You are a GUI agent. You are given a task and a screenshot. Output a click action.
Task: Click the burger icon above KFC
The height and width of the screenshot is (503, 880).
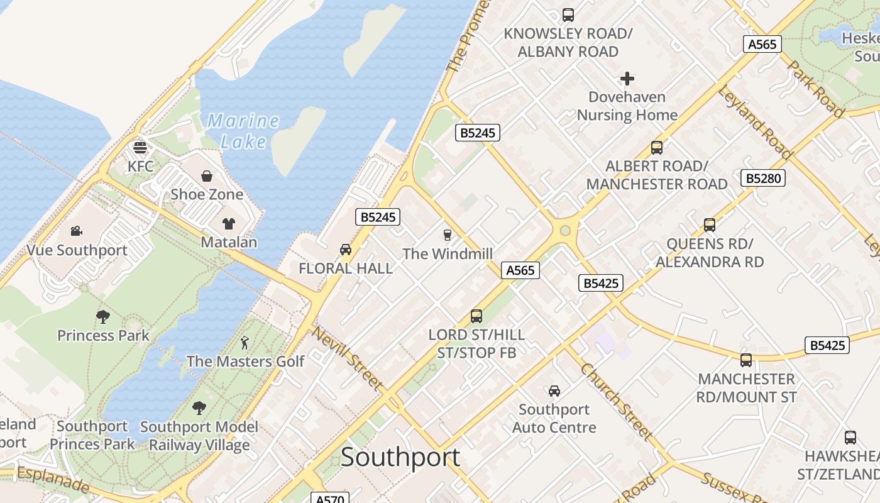tap(140, 148)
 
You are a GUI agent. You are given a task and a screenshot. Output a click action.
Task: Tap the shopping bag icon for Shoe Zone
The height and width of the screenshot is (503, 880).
tap(207, 176)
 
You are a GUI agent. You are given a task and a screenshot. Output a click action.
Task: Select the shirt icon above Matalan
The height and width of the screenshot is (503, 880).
tap(228, 223)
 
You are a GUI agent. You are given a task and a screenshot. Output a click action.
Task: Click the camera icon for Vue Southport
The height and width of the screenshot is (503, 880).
tap(76, 231)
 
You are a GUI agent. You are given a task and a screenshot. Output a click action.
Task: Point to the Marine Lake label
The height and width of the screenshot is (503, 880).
tap(243, 131)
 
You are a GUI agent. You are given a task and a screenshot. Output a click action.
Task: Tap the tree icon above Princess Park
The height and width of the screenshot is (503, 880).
tap(103, 316)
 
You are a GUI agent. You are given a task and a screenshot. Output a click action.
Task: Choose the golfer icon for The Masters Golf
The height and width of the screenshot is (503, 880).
tap(245, 343)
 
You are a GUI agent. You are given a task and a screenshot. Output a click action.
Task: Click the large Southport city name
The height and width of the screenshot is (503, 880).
tap(400, 457)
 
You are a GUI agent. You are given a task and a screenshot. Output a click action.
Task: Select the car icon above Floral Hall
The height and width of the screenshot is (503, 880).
tap(345, 250)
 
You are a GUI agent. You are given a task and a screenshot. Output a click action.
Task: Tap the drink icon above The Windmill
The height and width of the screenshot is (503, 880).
tap(447, 235)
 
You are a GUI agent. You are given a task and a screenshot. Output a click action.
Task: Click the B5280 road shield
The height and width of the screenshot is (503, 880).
tap(763, 178)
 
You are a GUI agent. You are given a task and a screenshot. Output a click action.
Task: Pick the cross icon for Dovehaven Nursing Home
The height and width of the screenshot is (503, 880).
tap(627, 79)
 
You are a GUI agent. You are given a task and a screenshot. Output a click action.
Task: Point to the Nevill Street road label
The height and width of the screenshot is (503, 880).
tap(348, 358)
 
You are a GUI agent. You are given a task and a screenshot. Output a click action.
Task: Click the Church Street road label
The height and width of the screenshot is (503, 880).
tap(616, 401)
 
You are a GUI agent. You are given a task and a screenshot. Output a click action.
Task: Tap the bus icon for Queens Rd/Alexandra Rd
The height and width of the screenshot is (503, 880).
tap(710, 224)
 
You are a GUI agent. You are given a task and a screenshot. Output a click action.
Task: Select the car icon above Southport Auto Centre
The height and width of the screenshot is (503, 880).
tap(554, 391)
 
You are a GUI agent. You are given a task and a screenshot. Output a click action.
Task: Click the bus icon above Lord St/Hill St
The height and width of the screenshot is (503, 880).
tap(476, 316)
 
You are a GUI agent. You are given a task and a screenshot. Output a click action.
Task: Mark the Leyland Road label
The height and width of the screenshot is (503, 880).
tap(755, 121)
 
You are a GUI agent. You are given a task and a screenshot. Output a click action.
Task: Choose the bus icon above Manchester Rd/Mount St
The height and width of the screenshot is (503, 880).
tap(746, 360)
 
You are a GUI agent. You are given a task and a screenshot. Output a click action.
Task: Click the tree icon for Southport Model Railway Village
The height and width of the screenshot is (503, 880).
tap(199, 408)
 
